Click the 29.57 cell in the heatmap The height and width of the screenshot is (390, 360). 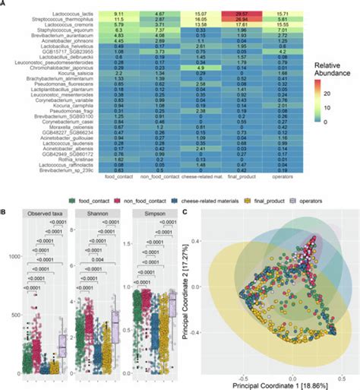coord(239,14)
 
